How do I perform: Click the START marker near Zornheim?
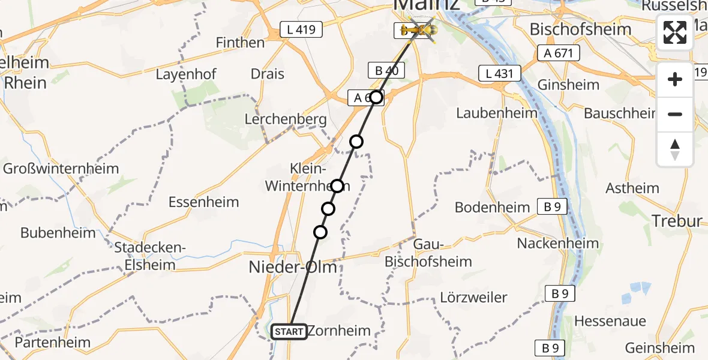(x=289, y=331)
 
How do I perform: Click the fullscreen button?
(x=675, y=32)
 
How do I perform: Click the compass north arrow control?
(x=675, y=149)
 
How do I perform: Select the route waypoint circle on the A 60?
(x=376, y=97)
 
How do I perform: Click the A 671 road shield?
(x=560, y=53)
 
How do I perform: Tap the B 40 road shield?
(x=386, y=70)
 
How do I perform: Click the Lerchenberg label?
(x=286, y=119)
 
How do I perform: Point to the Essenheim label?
(x=203, y=202)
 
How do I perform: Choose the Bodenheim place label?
(x=493, y=208)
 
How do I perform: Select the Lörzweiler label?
(x=473, y=297)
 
